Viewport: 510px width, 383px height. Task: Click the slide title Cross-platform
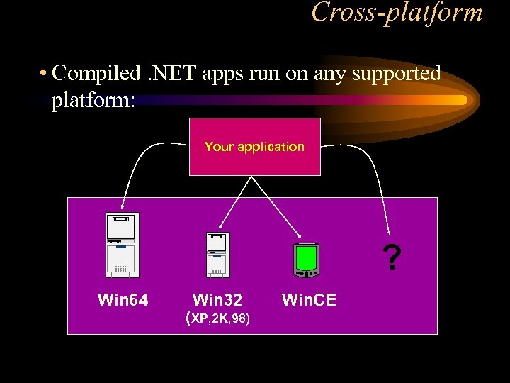397,12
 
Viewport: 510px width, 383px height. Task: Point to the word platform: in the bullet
93,99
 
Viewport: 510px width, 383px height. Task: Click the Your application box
254,147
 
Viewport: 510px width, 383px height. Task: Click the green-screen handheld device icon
307,260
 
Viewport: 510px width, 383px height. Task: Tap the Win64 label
123,301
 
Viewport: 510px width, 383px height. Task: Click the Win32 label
217,301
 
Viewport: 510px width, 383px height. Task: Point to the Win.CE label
310,301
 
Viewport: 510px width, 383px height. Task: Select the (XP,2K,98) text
217,318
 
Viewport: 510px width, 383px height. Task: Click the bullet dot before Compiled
44,74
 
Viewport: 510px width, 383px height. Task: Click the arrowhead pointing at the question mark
388,230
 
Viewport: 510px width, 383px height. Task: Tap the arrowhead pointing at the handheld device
302,237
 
